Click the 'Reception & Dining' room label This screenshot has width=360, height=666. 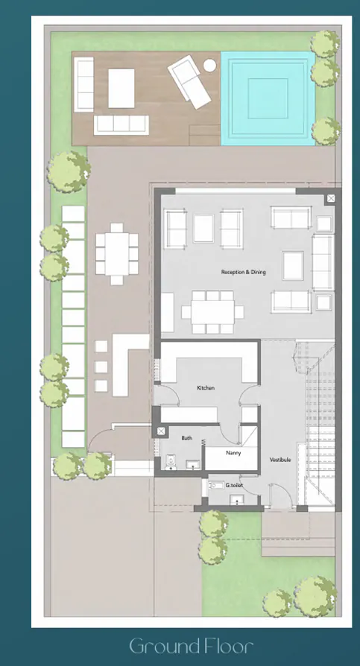[243, 272]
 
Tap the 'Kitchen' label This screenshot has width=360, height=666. [206, 388]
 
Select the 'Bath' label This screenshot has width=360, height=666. [186, 438]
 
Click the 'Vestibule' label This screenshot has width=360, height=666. [280, 460]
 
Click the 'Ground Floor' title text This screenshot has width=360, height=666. [191, 645]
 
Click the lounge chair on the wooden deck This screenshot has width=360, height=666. [190, 81]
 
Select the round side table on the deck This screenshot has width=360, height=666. [209, 66]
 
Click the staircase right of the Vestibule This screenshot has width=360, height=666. [320, 417]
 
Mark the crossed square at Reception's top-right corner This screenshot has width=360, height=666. [330, 198]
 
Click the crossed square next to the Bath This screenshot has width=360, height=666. [160, 431]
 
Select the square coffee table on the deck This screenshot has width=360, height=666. [121, 88]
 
